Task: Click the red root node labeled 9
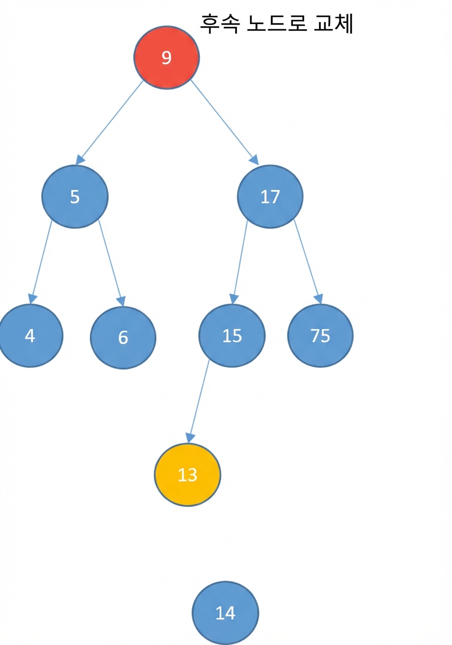point(166,57)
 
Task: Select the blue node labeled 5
point(75,197)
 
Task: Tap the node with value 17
point(270,197)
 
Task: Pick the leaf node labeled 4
point(30,336)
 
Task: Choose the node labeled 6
point(123,338)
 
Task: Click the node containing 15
point(232,336)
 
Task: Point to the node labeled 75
point(320,336)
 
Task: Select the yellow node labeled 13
point(188,475)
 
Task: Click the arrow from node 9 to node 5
point(109,123)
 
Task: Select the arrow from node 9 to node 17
point(225,122)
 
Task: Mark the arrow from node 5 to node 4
point(41,262)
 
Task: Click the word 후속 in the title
point(220,24)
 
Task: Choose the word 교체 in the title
point(333,24)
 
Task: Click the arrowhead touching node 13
point(190,438)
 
